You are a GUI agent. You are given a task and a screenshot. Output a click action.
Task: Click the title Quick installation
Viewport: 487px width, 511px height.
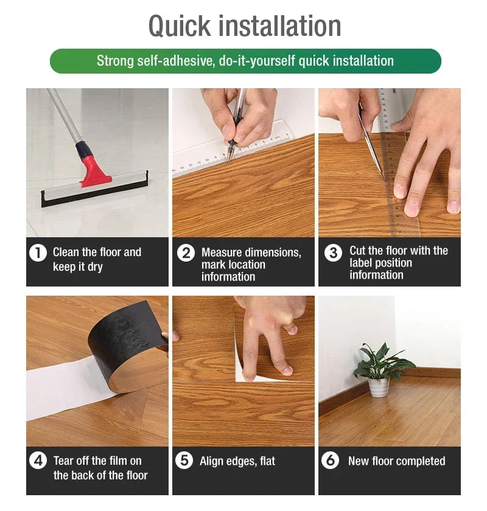pos(245,26)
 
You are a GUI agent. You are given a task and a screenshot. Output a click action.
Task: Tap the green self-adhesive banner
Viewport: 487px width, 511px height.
pos(245,61)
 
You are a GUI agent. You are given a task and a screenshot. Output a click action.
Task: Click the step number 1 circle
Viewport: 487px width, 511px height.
pos(38,252)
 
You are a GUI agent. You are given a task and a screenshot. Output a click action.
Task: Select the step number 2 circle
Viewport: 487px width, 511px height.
pos(186,252)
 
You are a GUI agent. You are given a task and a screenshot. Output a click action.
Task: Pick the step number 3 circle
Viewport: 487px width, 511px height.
pos(333,252)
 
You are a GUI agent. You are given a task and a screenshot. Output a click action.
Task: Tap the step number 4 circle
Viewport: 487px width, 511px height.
pos(38,461)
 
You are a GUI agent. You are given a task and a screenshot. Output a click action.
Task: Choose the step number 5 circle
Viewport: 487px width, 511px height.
pos(184,461)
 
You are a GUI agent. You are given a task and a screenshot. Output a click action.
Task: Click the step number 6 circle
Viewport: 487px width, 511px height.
pos(330,461)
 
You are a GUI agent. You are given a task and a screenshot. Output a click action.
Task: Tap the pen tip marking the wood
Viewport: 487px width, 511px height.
pos(230,160)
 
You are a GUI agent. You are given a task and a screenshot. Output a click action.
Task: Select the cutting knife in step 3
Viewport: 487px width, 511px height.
pos(370,143)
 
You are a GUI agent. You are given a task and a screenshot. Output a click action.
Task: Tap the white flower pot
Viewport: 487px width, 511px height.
pos(378,387)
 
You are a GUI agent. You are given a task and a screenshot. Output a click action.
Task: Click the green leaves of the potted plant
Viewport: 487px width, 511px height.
pos(380,363)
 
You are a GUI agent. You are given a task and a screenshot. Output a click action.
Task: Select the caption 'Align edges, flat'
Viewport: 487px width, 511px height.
pos(237,461)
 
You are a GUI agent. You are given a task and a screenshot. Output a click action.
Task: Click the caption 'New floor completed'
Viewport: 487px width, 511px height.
pos(396,461)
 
